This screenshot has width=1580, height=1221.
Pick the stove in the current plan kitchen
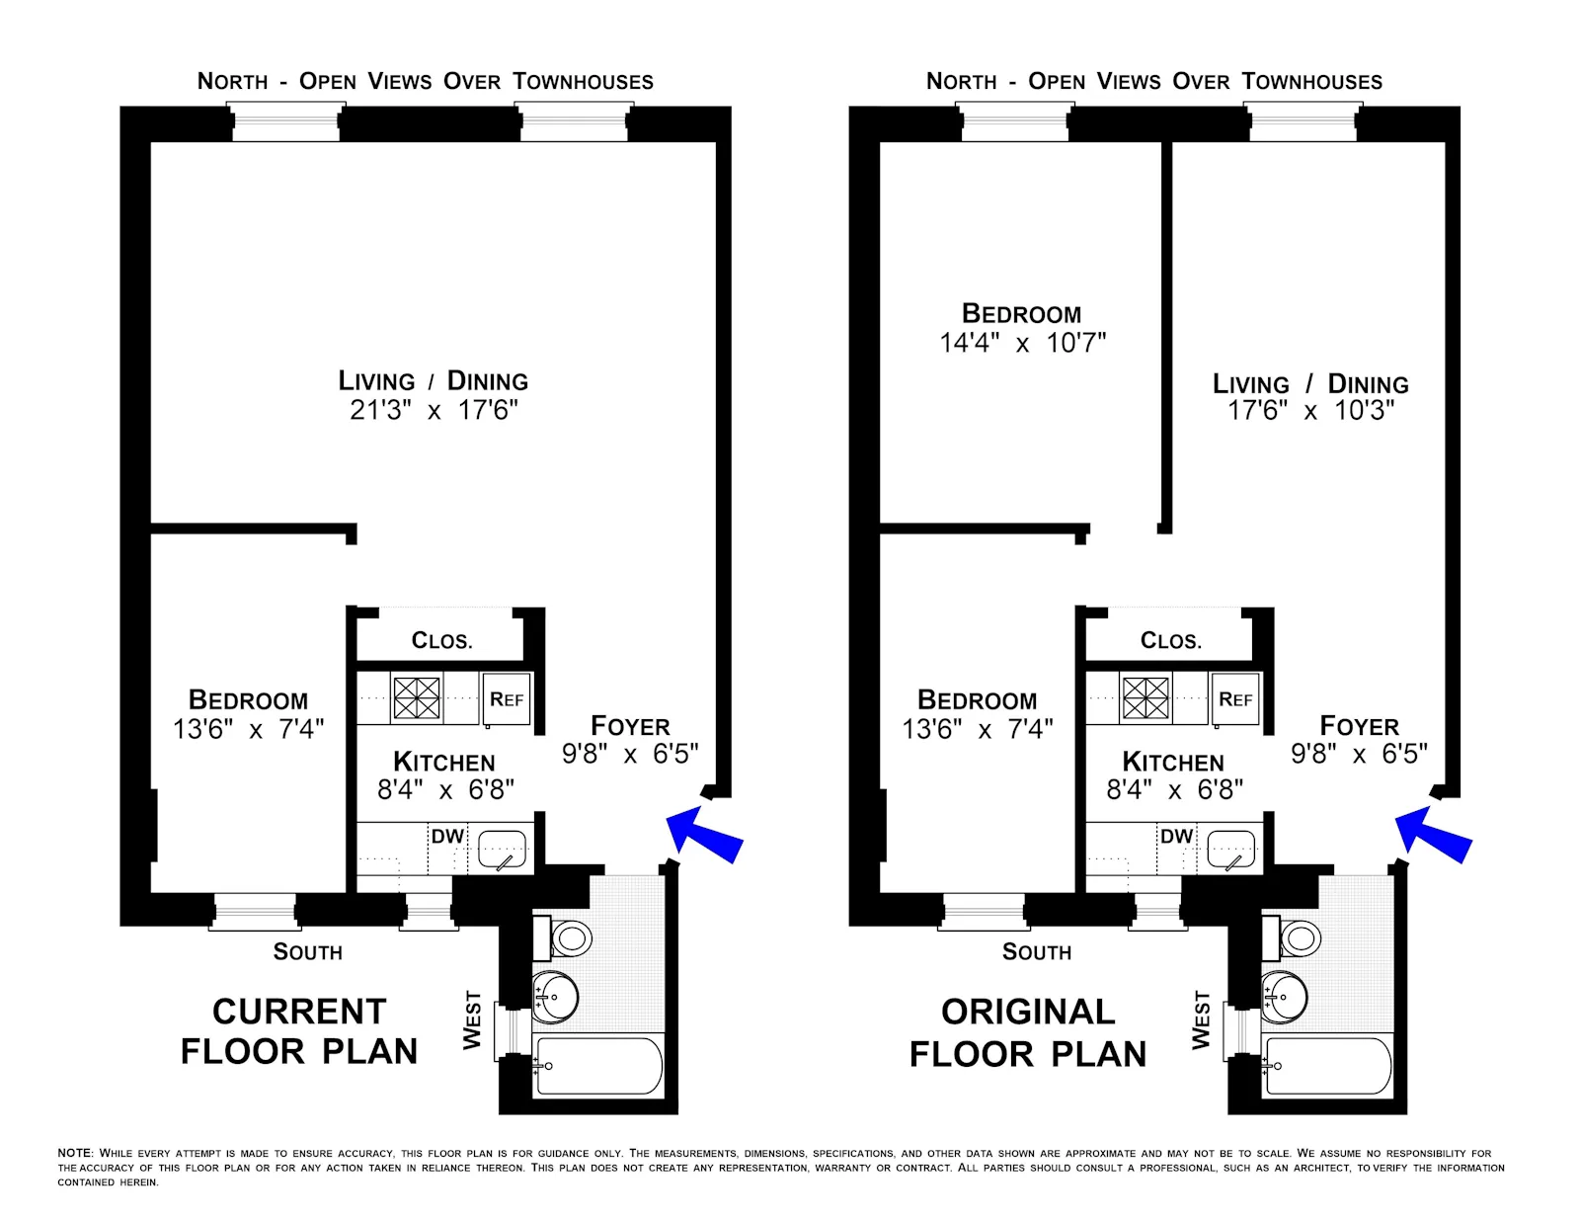(x=417, y=697)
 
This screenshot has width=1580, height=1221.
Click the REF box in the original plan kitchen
(x=1235, y=699)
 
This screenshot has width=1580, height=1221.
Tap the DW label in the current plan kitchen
(x=447, y=837)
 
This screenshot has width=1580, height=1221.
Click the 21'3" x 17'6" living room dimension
(x=434, y=410)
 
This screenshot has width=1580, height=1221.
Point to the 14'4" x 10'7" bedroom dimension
(x=1022, y=343)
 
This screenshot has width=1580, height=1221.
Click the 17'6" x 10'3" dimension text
(x=1310, y=411)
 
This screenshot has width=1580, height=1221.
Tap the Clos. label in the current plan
(x=441, y=641)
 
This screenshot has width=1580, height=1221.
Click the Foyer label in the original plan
(x=1359, y=726)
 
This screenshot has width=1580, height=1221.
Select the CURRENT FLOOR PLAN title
(x=299, y=1031)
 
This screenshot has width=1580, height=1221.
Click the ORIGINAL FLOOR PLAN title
(x=1028, y=1032)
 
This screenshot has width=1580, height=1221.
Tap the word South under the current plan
(x=307, y=952)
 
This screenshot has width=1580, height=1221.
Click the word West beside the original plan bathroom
(x=1201, y=1019)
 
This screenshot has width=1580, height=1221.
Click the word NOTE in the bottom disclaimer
(x=74, y=1153)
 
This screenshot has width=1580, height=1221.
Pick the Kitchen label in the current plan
(x=444, y=763)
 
